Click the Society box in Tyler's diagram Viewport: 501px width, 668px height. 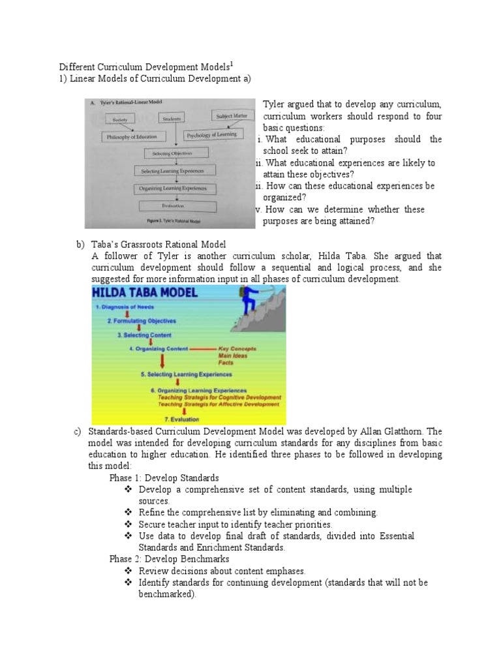coord(119,120)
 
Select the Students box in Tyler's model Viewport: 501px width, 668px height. coord(172,119)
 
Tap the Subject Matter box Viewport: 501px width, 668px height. coord(232,116)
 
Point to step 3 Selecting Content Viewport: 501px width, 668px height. coord(144,335)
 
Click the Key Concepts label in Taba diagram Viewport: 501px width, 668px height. coord(237,349)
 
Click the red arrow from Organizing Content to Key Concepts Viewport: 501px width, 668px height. coord(202,349)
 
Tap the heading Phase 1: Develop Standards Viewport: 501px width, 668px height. coord(164,478)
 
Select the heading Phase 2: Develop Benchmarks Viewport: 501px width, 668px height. coord(169,559)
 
